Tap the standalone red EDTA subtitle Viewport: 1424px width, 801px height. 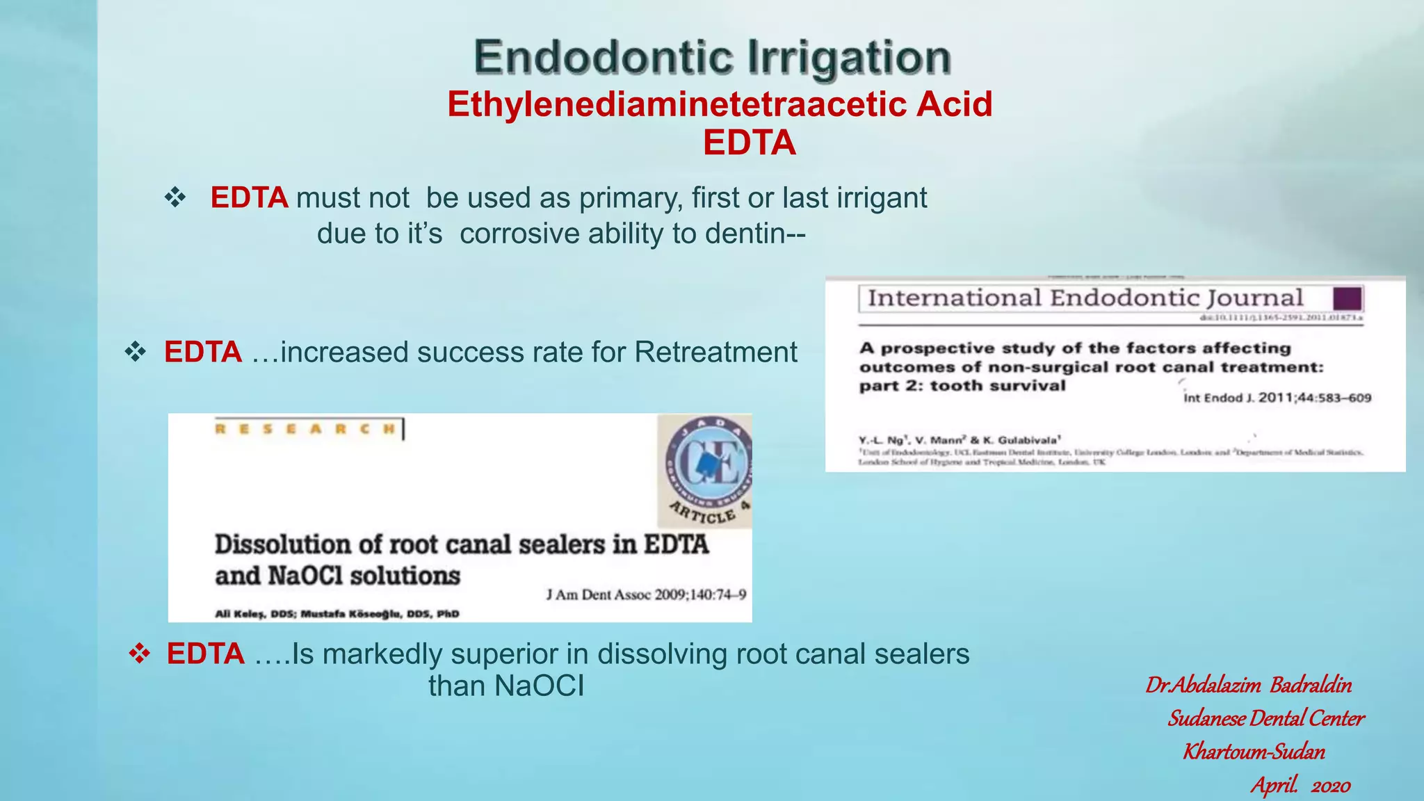(x=749, y=143)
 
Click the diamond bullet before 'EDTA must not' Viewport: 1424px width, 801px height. (x=175, y=198)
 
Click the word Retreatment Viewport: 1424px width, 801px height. (x=715, y=352)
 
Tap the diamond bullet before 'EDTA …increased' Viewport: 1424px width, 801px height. (x=135, y=352)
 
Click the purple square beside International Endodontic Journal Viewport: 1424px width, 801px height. (x=1347, y=299)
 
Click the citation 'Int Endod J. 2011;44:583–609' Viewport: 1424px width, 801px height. (x=1277, y=398)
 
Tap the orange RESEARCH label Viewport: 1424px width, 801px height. (x=306, y=429)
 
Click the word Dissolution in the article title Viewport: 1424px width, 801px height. (x=282, y=544)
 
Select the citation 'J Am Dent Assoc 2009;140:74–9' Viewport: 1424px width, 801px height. (x=646, y=594)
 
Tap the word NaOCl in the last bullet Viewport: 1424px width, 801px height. (x=540, y=686)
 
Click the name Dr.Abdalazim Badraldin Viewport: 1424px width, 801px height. (x=1249, y=686)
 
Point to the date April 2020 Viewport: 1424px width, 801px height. (x=1300, y=786)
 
